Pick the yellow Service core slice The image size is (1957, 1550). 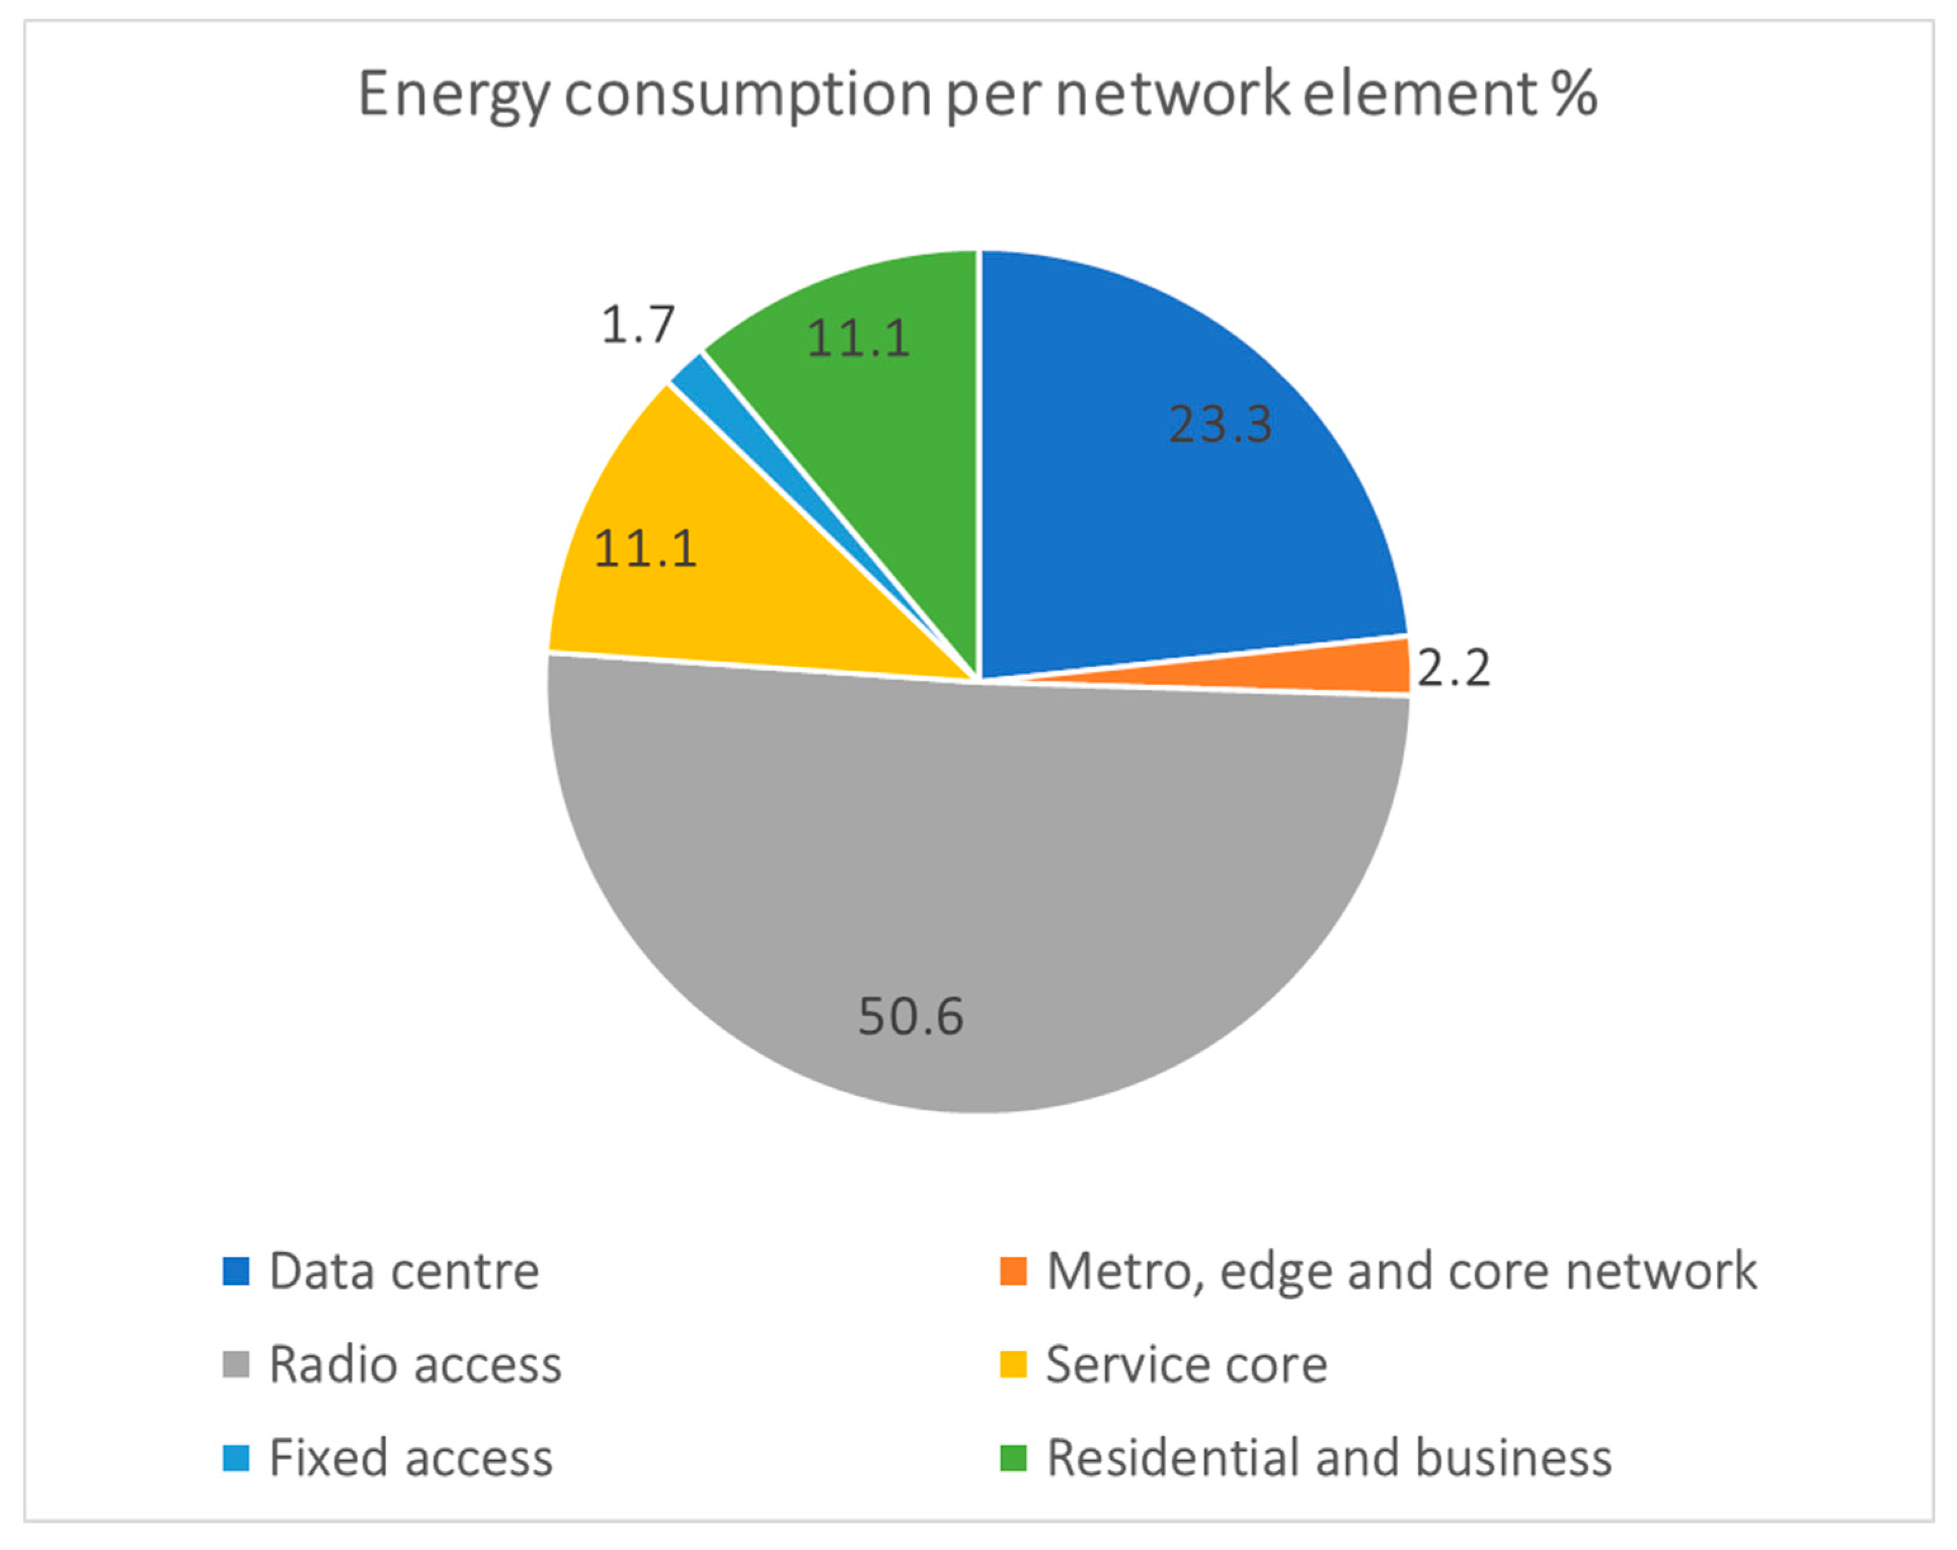tap(726, 581)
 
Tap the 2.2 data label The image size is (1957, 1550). tap(1452, 669)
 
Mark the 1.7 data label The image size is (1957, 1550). tap(638, 325)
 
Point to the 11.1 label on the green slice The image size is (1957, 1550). tap(857, 339)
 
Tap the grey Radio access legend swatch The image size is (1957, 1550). tap(236, 1365)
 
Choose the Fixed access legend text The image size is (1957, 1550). tap(411, 1458)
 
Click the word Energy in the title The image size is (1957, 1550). tap(454, 95)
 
